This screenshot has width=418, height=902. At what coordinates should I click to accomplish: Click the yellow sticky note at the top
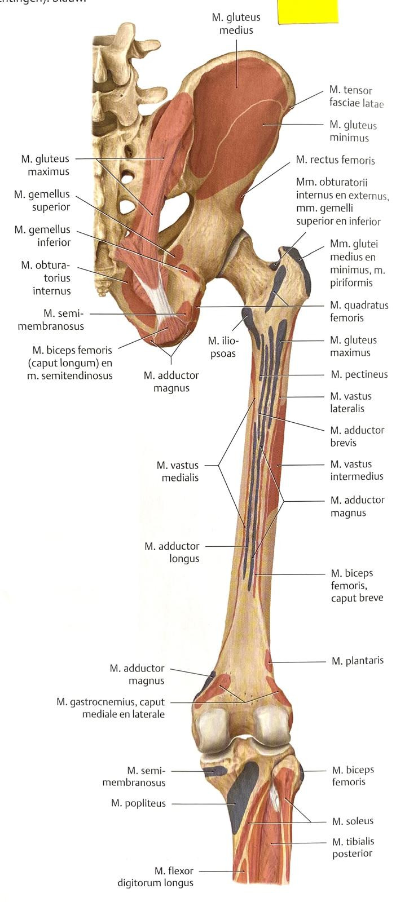tap(307, 11)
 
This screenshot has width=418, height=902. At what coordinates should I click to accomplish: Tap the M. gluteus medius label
tap(236, 24)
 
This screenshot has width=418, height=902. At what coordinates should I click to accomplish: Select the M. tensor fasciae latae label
tap(357, 96)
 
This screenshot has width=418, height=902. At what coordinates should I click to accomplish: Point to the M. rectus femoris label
tap(336, 160)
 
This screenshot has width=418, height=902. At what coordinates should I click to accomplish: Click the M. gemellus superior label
tap(42, 201)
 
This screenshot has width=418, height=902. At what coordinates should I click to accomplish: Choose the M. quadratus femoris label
tap(359, 311)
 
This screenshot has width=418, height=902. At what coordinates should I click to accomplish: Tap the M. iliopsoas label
tap(223, 347)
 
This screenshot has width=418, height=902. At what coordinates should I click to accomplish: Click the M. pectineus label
tap(359, 375)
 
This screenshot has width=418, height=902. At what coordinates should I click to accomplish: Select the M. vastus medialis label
tap(178, 471)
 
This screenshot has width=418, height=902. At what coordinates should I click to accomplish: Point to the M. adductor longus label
tap(172, 552)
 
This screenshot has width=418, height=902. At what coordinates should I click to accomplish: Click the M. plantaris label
tap(358, 661)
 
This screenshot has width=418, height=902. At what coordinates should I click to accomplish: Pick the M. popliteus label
tap(138, 803)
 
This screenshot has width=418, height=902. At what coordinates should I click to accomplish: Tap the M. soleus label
tap(353, 821)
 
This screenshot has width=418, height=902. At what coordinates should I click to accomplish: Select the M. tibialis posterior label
tap(353, 847)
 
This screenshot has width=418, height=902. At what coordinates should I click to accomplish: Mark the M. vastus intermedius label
tap(357, 470)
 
